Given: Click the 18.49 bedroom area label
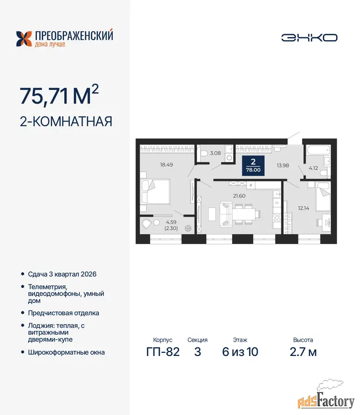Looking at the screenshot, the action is click(x=166, y=165).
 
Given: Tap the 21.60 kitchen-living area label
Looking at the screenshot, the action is click(x=239, y=196).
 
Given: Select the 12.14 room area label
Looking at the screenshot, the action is click(x=304, y=208).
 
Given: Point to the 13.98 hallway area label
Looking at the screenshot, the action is click(x=283, y=166).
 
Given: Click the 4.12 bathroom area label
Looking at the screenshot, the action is click(x=313, y=168).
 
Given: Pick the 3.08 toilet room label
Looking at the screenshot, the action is click(x=216, y=153).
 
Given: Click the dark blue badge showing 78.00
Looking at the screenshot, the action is click(x=253, y=166).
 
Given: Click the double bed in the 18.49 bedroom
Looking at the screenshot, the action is click(x=155, y=192).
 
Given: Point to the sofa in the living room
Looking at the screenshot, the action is click(x=226, y=214).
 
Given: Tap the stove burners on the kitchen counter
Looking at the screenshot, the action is click(x=277, y=218).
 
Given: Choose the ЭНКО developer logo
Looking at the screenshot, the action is click(x=309, y=38).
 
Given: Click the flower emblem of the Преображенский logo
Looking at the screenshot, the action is click(x=24, y=39).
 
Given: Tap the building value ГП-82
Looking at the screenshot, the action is click(x=163, y=352).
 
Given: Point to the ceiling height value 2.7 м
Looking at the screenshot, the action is click(x=303, y=352).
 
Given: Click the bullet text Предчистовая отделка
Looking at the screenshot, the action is click(x=64, y=313).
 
